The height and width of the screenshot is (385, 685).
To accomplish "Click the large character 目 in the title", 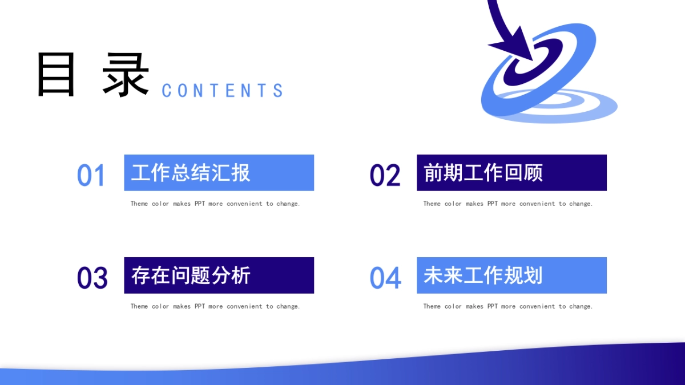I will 56,74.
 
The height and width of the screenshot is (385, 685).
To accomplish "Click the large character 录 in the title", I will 126,74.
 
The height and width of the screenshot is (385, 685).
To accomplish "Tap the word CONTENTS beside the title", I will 222,91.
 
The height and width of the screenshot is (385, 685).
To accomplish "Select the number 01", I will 91,175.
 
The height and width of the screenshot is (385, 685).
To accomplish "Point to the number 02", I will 385,175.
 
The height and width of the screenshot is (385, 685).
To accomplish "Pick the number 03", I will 92,278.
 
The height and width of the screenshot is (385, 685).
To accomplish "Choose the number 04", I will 385,278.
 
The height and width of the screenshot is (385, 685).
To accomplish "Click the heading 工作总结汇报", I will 191,173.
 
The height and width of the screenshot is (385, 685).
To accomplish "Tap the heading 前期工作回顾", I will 483,173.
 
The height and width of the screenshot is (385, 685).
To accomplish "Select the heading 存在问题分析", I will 191,275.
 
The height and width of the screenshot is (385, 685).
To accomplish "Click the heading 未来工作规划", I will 483,275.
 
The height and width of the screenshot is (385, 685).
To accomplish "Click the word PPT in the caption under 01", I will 200,204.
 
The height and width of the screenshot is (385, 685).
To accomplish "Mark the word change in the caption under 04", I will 581,306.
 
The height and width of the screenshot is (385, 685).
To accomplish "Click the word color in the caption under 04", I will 453,306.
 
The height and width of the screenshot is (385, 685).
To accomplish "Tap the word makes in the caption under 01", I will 182,204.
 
